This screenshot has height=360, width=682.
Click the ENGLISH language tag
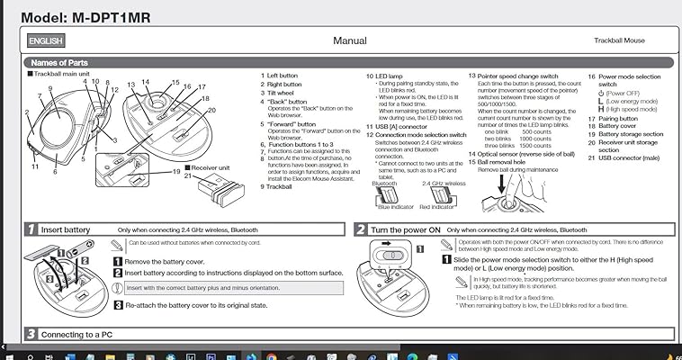pos(46,40)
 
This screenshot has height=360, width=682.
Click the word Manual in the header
pos(350,40)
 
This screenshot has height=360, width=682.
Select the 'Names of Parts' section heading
pos(59,63)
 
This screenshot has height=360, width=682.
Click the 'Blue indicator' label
pos(396,207)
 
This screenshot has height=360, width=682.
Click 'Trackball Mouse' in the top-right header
pos(619,41)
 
